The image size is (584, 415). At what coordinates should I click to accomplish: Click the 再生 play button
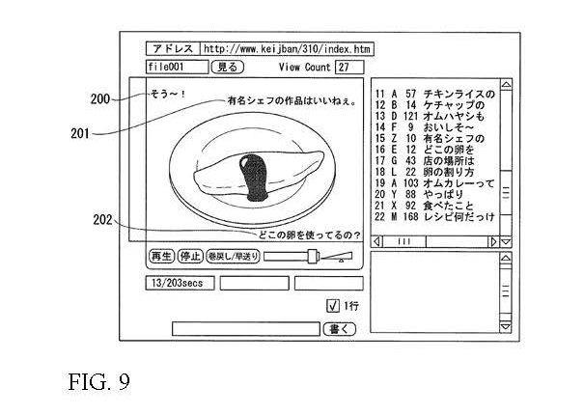[160, 257]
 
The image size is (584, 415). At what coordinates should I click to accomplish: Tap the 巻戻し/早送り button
[232, 257]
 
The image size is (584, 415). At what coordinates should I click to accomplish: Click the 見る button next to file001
[227, 67]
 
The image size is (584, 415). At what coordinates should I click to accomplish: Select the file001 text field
[177, 67]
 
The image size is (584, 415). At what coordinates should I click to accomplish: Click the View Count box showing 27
[348, 67]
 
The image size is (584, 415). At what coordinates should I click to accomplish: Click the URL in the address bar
[286, 48]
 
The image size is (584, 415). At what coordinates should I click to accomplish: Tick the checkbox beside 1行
[331, 306]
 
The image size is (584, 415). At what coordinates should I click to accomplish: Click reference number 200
[99, 98]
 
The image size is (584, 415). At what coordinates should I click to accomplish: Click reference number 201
[84, 135]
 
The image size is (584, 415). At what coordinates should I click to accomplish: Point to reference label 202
[102, 218]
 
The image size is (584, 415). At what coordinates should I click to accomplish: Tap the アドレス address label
[171, 48]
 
